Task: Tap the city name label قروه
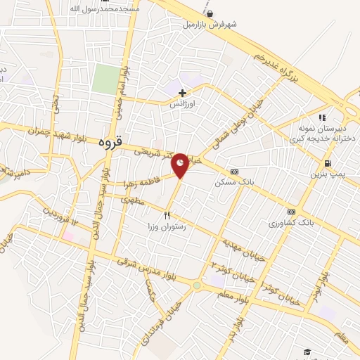(111, 141)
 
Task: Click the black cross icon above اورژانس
(182, 93)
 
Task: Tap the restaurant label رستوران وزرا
(166, 226)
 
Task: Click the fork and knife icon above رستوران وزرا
(167, 215)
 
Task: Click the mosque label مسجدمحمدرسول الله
(105, 8)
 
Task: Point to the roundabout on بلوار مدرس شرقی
(196, 285)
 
